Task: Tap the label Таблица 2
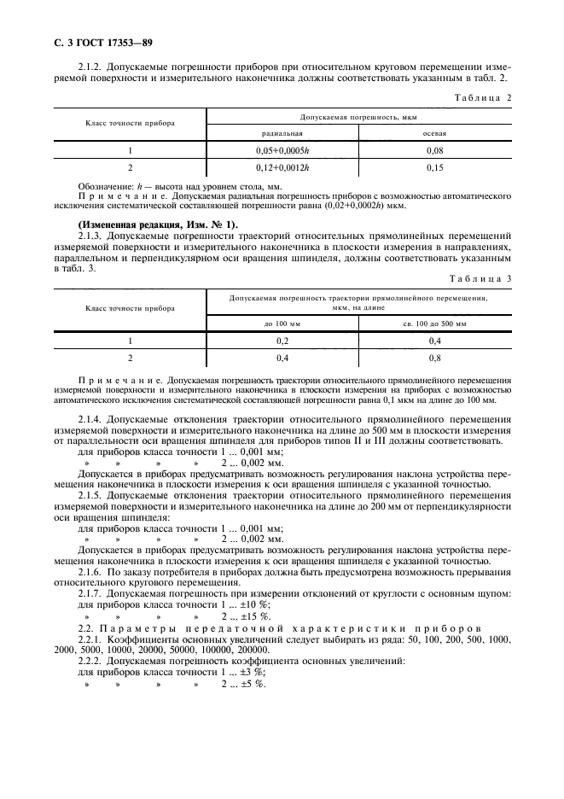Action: point(486,99)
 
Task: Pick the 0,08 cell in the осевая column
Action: point(435,150)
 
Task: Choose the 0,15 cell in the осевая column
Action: point(435,167)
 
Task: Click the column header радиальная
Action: point(282,133)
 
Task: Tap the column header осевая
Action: point(435,133)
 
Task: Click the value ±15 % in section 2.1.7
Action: point(245,615)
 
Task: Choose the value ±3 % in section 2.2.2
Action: point(242,672)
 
